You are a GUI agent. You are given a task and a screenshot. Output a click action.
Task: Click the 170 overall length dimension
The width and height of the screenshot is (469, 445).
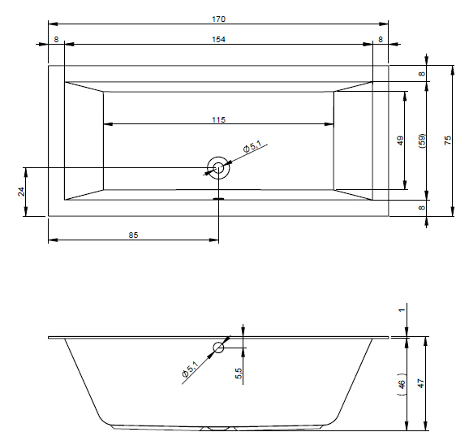[x=218, y=19]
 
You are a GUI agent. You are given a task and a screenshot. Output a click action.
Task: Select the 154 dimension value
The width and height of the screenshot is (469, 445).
[x=218, y=40]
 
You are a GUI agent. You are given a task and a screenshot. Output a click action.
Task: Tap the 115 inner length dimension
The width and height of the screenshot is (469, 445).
[x=218, y=119]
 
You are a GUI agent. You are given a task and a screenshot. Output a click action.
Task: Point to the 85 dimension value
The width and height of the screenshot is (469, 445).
[x=133, y=235]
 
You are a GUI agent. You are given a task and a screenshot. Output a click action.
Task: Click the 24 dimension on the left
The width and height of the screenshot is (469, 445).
[x=21, y=192]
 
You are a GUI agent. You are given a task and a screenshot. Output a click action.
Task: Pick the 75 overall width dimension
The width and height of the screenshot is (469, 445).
[x=448, y=140]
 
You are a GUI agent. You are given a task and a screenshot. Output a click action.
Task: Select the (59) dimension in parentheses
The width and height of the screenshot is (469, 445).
[x=422, y=141]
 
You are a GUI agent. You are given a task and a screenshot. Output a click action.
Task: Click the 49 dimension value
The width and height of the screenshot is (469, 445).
[x=400, y=140]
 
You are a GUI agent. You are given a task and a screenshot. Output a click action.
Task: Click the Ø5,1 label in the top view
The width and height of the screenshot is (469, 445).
[x=252, y=147]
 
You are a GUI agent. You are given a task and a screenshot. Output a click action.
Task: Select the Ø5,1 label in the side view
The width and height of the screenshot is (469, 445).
[x=190, y=369]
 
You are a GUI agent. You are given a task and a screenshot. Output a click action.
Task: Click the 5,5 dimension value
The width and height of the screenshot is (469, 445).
[x=239, y=373]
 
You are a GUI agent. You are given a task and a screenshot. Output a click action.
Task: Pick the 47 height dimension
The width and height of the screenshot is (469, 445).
[x=421, y=383]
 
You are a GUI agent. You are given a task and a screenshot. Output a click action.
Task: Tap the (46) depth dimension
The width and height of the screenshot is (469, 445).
[x=402, y=384]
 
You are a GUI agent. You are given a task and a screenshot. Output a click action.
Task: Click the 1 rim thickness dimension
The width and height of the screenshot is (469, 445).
[x=402, y=309]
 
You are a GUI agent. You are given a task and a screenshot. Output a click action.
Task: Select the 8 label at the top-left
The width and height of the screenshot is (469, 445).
[x=56, y=40]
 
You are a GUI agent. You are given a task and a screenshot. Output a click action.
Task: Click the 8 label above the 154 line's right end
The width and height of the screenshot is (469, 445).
[x=381, y=40]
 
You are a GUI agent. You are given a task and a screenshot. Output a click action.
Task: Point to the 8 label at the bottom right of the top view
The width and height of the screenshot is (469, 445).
[x=422, y=207]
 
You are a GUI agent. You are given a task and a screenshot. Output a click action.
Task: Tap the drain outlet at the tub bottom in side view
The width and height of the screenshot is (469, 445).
[x=218, y=429]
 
